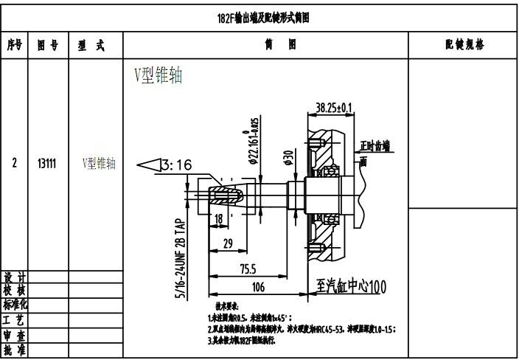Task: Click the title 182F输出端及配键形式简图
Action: pos(259,18)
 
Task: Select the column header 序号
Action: pos(14,45)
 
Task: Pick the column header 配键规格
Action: pos(464,45)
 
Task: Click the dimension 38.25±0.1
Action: pos(333,108)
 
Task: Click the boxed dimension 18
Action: pos(219,219)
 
